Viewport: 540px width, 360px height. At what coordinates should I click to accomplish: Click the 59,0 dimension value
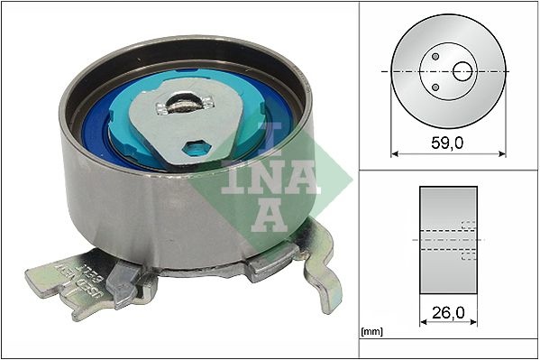coord(447,142)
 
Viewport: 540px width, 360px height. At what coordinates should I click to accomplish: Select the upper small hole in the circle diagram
coord(435,56)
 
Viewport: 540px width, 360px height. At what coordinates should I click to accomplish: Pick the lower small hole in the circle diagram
coord(435,87)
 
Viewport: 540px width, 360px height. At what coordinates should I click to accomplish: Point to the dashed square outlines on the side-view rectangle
coord(468,240)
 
